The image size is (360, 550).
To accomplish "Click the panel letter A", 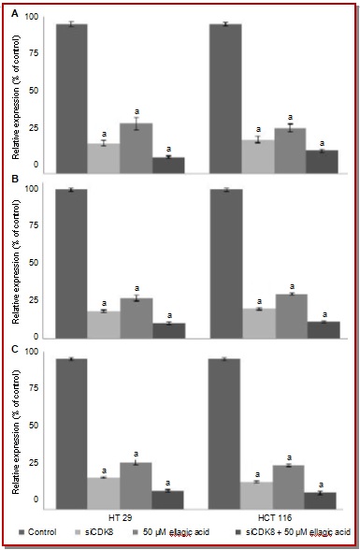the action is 15,14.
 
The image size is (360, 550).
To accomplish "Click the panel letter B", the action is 15,180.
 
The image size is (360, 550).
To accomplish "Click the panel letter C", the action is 15,350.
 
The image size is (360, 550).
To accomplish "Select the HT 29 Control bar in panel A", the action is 71,98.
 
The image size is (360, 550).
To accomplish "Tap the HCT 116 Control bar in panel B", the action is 226,264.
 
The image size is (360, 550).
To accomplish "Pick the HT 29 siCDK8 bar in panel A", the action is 104,158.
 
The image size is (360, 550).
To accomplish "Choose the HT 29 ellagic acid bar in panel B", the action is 137,318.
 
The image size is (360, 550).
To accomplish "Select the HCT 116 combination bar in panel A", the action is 322,162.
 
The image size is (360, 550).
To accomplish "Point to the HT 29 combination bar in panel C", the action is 167,499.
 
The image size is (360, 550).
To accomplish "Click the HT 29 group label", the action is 121,518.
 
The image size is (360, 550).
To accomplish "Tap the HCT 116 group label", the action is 275,518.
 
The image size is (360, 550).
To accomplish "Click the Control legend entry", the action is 37,532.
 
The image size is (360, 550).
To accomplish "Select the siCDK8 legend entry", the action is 94,532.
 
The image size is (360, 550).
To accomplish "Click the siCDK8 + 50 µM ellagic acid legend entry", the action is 293,532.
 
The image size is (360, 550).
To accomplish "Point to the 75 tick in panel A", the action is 35,53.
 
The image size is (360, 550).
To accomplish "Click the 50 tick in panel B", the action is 34,263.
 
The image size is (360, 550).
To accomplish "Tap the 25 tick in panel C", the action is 34,463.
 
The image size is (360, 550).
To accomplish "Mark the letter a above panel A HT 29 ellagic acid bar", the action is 137,111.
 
